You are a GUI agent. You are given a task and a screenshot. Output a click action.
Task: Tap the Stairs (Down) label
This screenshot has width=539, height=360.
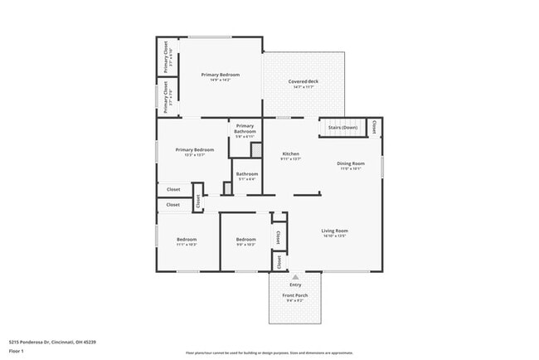[x=342, y=128]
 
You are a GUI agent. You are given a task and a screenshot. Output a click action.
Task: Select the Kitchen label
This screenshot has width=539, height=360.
[x=290, y=153]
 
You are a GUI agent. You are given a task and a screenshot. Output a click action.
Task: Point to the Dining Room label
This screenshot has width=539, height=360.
[x=349, y=163]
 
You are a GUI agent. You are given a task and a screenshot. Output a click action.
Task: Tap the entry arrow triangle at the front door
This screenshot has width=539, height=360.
[x=295, y=277]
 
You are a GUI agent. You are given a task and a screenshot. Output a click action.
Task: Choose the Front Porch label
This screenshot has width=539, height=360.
[x=295, y=296]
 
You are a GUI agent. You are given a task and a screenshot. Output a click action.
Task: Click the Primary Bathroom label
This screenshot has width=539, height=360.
[x=245, y=129]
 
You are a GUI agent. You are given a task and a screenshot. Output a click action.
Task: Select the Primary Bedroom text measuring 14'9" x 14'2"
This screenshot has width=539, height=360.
[x=221, y=75]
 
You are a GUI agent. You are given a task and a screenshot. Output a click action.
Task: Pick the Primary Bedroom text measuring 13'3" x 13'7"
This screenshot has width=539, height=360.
[x=194, y=150]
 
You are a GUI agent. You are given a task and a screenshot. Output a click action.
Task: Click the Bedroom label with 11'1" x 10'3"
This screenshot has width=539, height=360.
[x=187, y=240]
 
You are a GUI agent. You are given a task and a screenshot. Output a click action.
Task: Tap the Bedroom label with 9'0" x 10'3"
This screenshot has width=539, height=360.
[x=246, y=240]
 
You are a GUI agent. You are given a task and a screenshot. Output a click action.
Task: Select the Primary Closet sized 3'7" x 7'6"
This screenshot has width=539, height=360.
[x=167, y=97]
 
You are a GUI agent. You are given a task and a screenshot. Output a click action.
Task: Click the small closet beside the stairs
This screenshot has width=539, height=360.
[x=374, y=127]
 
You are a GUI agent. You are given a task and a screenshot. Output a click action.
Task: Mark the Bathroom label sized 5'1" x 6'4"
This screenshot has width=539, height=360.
[x=246, y=174]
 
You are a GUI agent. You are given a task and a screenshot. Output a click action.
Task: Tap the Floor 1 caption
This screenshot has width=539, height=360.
[x=17, y=351]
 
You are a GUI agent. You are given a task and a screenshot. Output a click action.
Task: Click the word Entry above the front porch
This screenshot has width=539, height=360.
[x=295, y=285]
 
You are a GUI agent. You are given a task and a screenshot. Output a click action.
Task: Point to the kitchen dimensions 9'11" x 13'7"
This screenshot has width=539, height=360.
[x=290, y=158]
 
